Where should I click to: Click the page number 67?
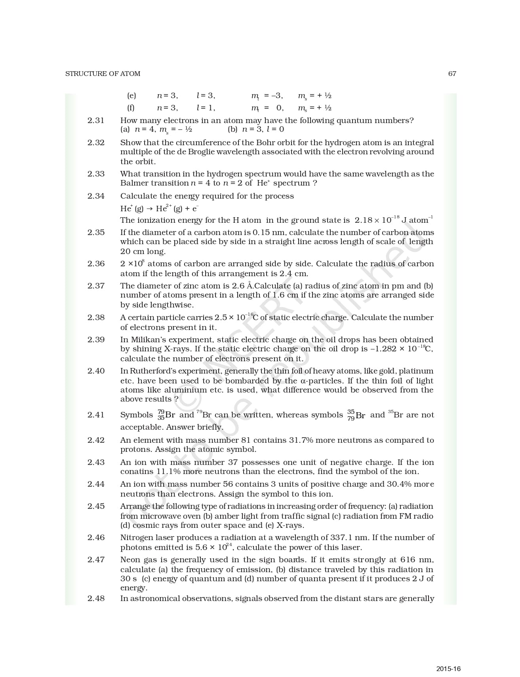pos(452,74)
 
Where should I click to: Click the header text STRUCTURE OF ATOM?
pos(103,74)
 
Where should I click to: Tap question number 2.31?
pos(96,120)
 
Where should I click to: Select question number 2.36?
pos(96,264)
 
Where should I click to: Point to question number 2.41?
pos(96,415)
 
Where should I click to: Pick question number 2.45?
pos(96,506)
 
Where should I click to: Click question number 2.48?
pos(96,598)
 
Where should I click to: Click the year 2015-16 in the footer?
pos(449,658)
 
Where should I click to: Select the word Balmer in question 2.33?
pos(134,183)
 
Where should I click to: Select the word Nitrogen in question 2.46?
pos(137,538)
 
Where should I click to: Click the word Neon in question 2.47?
pos(130,560)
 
